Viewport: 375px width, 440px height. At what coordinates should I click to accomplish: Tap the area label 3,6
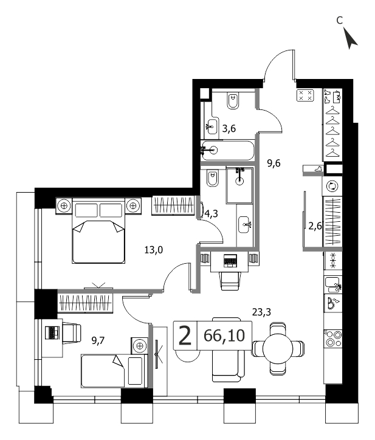pos(229,129)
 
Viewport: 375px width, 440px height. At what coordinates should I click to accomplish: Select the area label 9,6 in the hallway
pos(274,163)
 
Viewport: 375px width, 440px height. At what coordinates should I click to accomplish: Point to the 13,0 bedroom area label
pos(154,249)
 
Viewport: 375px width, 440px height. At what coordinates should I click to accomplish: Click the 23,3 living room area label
pos(261,312)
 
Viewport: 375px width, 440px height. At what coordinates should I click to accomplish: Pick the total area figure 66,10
pos(224,335)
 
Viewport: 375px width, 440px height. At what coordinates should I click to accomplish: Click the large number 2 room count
pos(185,335)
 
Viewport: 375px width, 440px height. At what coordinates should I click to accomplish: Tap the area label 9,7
pos(98,340)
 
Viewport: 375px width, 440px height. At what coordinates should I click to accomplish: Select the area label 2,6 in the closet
pos(315,226)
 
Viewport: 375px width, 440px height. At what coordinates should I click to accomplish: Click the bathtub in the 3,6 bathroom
pos(228,150)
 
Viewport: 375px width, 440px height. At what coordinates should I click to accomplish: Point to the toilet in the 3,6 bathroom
pos(233,100)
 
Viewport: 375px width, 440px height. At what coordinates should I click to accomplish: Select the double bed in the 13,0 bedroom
pos(98,231)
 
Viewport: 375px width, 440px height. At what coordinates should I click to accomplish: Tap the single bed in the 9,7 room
pos(114,371)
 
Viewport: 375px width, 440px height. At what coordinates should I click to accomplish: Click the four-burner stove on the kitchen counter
pos(333,338)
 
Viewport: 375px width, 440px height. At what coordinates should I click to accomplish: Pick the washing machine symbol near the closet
pos(332,186)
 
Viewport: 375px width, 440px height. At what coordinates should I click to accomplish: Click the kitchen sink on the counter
pos(332,284)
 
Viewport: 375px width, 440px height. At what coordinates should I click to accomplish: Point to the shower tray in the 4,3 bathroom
pos(239,185)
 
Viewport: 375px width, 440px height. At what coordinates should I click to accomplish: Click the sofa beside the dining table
pos(228,349)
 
